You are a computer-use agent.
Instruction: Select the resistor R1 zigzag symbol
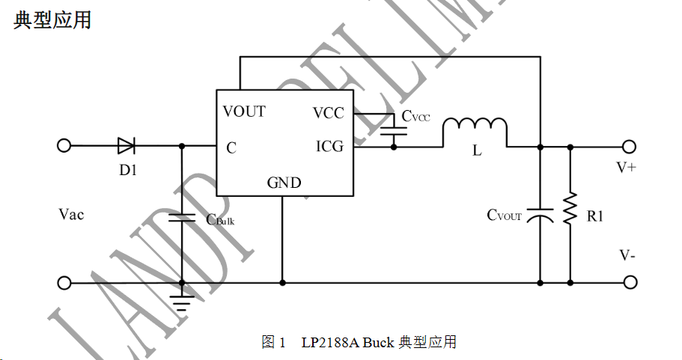570,210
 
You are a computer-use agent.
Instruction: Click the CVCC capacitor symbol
394,129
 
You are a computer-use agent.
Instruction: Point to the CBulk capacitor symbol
182,219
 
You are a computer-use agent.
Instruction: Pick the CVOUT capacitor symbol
540,216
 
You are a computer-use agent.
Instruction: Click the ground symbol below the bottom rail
182,302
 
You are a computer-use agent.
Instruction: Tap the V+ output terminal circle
630,146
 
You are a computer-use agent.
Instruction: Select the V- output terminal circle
630,282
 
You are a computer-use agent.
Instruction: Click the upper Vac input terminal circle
64,146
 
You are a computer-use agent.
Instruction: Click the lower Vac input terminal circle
64,282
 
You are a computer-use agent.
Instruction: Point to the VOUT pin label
244,112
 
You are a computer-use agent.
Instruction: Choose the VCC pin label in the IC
329,113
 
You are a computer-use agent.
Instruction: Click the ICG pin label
329,147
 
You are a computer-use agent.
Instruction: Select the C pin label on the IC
231,148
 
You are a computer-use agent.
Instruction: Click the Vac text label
71,215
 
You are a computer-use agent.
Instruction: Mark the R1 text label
595,216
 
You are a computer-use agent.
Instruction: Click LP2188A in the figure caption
329,343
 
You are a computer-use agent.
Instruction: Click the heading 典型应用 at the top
52,20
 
